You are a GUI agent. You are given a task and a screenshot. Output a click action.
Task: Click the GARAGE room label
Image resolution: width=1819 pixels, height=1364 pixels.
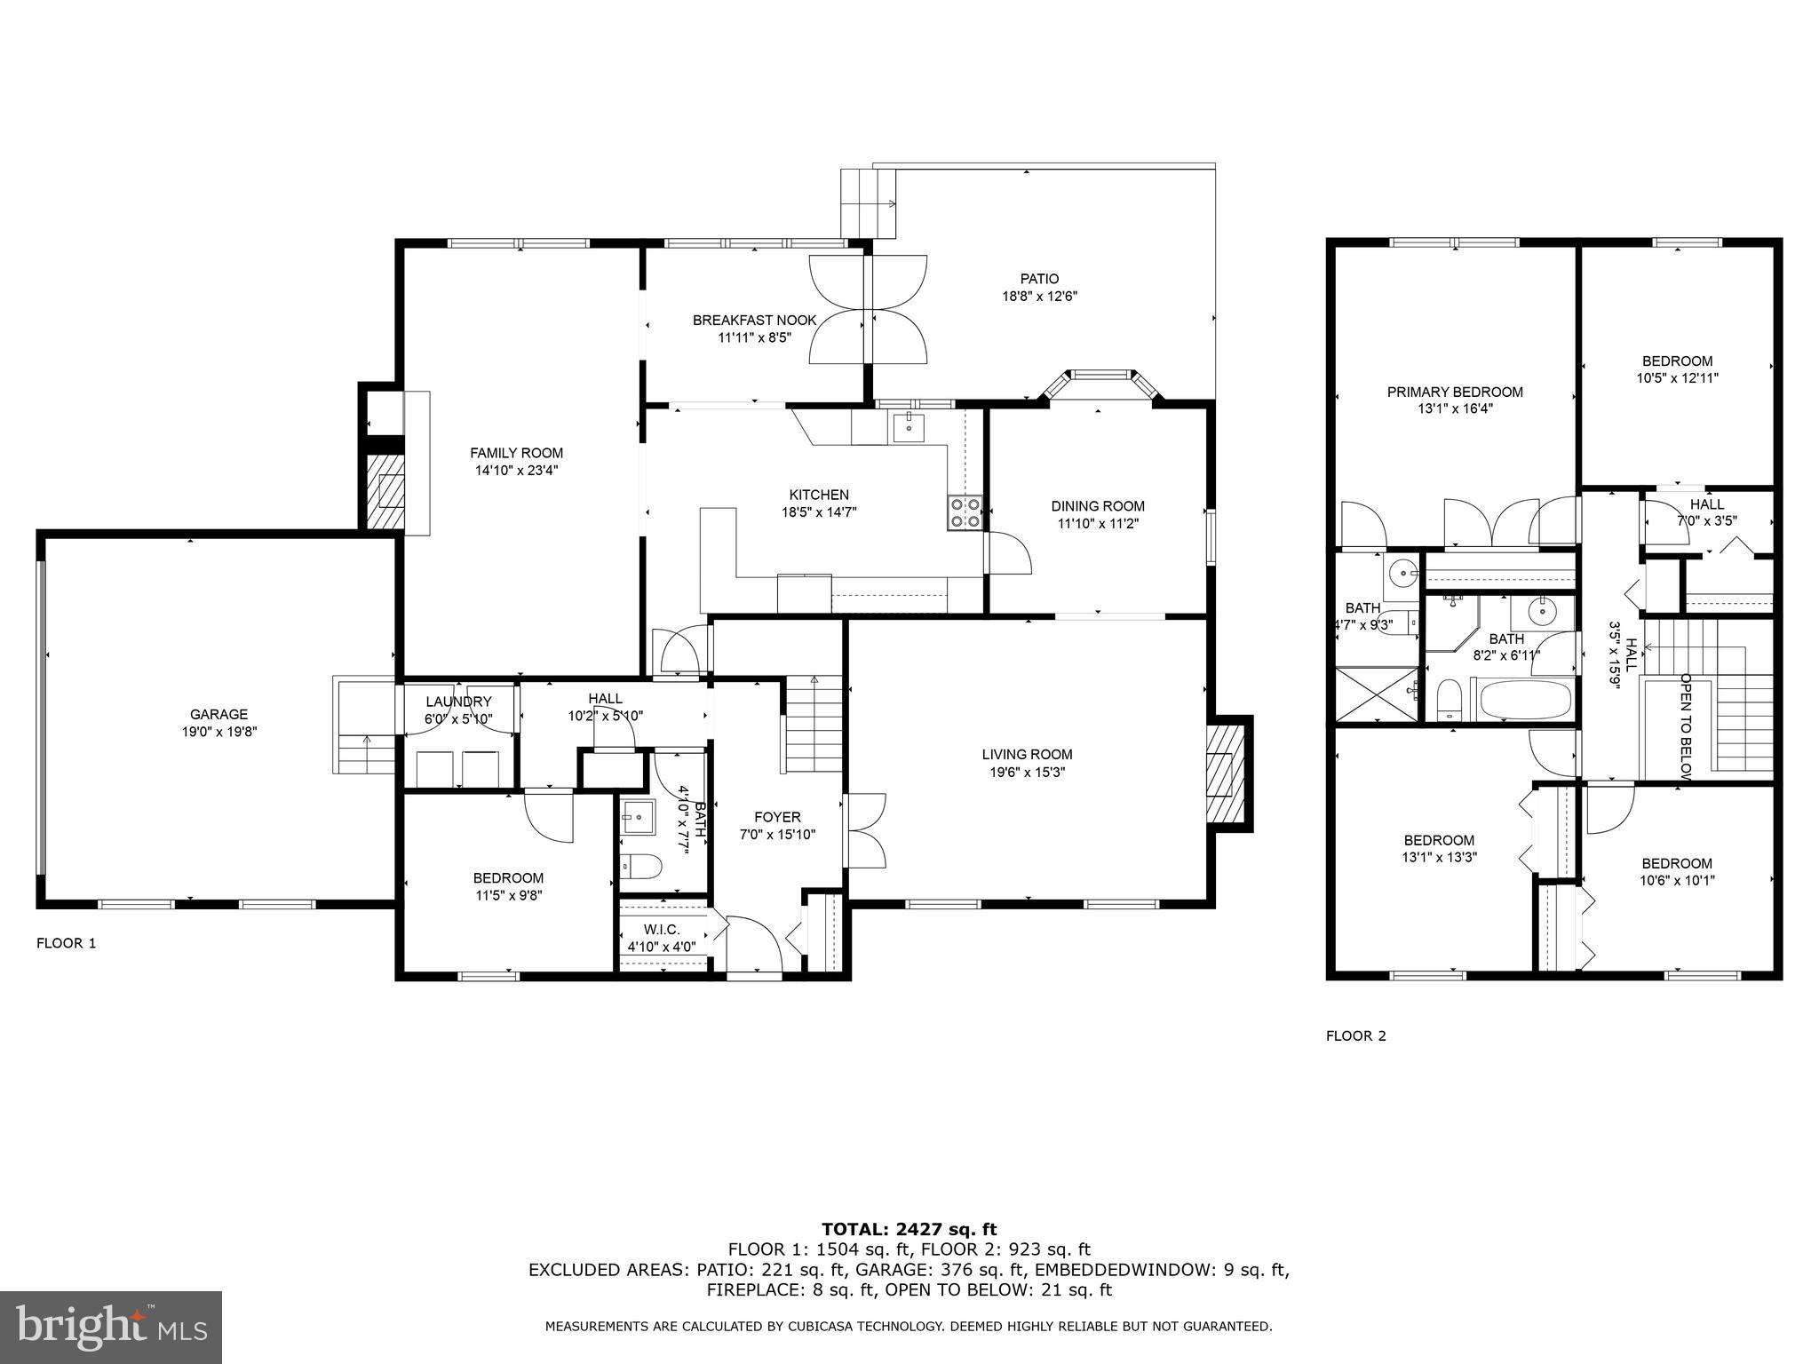click(218, 714)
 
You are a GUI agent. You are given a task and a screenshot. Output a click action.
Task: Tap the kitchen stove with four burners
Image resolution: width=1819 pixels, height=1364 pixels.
click(965, 511)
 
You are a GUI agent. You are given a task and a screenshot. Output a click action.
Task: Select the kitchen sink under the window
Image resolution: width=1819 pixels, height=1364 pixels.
click(908, 427)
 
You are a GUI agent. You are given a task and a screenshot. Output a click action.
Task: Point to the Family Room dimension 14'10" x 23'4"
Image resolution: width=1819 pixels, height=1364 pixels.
click(516, 471)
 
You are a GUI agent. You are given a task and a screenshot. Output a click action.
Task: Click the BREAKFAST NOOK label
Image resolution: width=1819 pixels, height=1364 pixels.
click(755, 320)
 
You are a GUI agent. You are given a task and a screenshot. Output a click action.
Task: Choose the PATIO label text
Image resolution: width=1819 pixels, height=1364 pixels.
click(1039, 279)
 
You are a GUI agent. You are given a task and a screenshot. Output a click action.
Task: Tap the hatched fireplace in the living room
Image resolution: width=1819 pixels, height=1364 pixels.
click(1227, 773)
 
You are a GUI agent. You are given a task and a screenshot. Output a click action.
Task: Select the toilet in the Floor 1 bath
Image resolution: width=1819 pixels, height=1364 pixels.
click(640, 865)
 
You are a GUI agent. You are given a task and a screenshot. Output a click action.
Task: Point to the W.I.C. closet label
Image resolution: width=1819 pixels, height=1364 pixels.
click(662, 929)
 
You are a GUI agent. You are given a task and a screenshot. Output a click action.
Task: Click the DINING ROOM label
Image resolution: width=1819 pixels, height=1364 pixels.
click(1098, 506)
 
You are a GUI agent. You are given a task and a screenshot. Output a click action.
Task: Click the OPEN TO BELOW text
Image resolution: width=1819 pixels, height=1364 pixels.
click(1684, 726)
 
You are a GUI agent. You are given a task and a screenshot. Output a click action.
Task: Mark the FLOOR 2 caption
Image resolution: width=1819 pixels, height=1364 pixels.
click(1355, 1035)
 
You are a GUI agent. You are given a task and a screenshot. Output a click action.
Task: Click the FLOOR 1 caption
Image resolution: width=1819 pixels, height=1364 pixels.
click(66, 943)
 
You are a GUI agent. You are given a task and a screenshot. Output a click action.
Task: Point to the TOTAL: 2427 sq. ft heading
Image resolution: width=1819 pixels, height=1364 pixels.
click(909, 1230)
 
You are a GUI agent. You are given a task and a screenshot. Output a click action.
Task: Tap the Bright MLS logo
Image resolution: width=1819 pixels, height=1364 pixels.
click(111, 1328)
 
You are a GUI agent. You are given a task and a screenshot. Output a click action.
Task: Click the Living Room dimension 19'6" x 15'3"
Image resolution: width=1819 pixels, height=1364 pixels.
click(1027, 773)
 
